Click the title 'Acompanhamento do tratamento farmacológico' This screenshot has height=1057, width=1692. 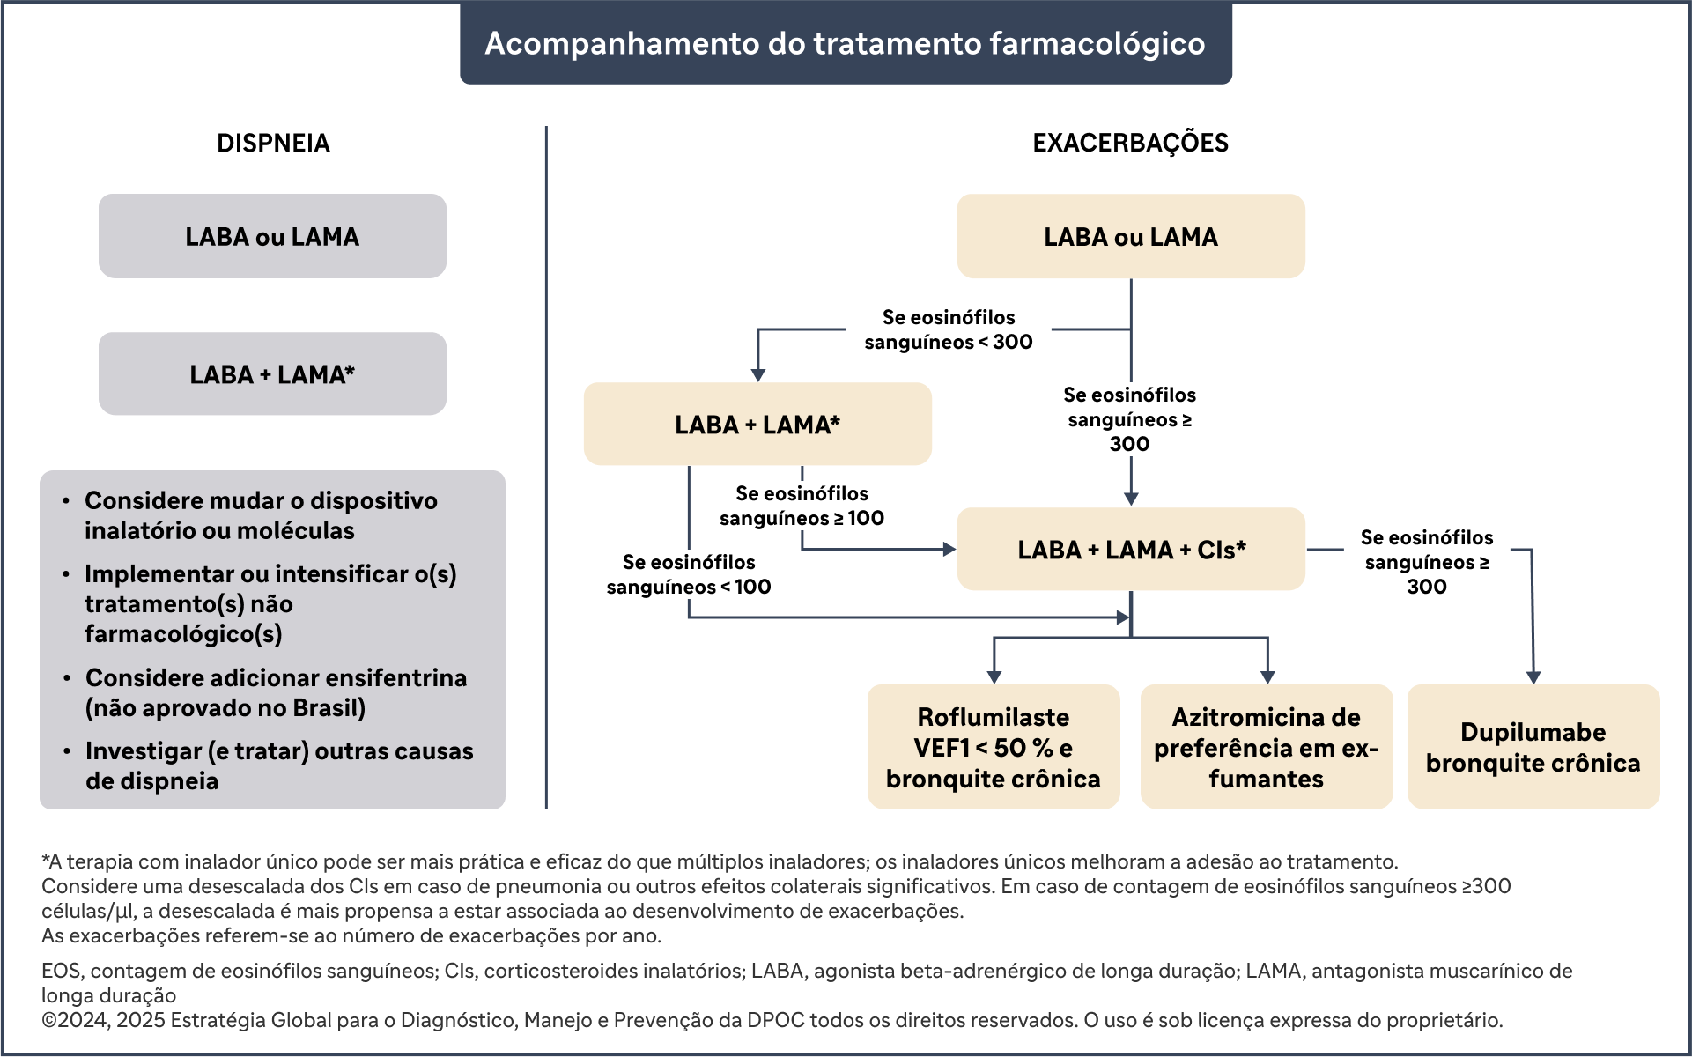(x=845, y=43)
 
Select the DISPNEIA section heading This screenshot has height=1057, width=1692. (x=273, y=143)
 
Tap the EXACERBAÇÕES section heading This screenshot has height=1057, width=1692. (x=1130, y=143)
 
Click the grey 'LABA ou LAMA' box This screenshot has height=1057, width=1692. (x=272, y=236)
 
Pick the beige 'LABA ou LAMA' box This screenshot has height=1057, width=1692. (x=1131, y=236)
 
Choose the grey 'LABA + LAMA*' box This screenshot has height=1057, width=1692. (x=272, y=373)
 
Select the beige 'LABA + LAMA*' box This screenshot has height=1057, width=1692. (x=757, y=424)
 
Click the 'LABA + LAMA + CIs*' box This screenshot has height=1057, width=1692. (x=1131, y=549)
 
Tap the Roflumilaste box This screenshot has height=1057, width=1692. (x=994, y=747)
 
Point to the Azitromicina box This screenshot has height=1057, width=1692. (x=1267, y=747)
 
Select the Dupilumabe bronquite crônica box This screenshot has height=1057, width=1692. (x=1533, y=747)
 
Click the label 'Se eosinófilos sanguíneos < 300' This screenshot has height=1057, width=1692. (x=949, y=329)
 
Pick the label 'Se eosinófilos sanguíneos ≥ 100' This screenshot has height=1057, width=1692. (x=802, y=506)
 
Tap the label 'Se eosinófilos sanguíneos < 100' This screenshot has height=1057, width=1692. (x=689, y=574)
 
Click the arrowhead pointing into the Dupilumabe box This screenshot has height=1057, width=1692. (x=1533, y=677)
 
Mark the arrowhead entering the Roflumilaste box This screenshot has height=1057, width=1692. (x=994, y=677)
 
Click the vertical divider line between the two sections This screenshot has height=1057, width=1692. (x=546, y=468)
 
